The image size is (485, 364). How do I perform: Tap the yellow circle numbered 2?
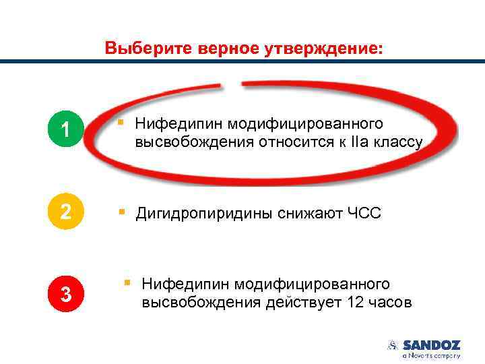(65, 212)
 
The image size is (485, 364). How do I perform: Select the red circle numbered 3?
(65, 294)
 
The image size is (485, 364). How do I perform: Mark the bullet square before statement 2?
(121, 212)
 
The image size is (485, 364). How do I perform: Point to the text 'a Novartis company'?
(431, 355)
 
